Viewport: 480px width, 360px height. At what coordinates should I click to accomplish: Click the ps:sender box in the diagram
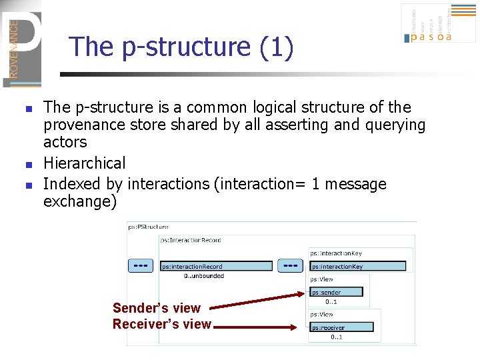pos(337,292)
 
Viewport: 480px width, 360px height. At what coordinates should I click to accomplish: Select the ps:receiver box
pos(341,327)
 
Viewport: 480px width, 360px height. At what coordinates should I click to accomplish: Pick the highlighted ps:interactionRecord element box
pos(217,267)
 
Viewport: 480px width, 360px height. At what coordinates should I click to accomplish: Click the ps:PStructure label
pos(148,227)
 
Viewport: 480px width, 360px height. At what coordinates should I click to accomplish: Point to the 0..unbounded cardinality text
pos(204,276)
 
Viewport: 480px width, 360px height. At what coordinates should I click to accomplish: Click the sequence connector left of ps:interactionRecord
pos(141,265)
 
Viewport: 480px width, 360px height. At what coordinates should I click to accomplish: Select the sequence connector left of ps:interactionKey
pos(290,265)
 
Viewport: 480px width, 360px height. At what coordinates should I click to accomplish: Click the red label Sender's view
pos(157,308)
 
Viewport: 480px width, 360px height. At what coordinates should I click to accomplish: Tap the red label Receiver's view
pos(161,325)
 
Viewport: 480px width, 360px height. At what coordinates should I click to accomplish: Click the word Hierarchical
pos(84,163)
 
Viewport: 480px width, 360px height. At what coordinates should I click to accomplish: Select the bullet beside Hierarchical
pos(27,164)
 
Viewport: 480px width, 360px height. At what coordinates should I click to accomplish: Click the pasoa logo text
pos(431,37)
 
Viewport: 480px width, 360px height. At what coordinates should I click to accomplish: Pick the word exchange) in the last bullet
pos(79,201)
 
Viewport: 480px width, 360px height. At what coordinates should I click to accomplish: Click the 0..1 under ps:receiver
pos(337,337)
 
